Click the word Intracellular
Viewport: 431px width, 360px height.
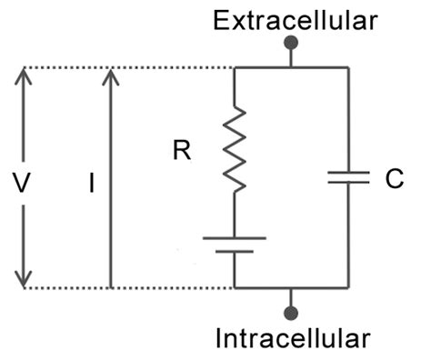click(x=293, y=340)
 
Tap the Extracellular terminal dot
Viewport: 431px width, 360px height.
click(x=292, y=43)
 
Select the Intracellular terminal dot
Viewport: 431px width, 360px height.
click(x=291, y=314)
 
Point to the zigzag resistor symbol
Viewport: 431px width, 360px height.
click(x=235, y=149)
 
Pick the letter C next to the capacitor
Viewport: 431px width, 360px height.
click(x=394, y=178)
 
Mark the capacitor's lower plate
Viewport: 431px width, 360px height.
click(x=348, y=185)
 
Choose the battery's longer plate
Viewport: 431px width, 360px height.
click(x=235, y=238)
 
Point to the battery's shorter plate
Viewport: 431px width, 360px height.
click(x=235, y=253)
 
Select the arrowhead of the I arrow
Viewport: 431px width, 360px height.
click(x=111, y=75)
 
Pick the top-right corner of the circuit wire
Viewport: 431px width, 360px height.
click(x=348, y=67)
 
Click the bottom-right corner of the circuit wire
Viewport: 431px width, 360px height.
click(x=348, y=288)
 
